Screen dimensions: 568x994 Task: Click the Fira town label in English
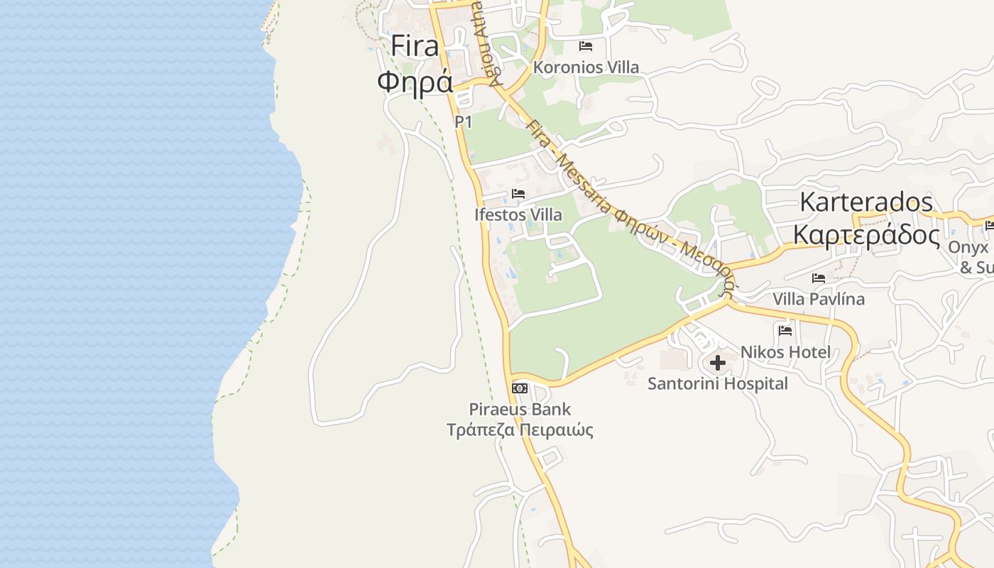click(415, 47)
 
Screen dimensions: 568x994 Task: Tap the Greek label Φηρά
click(415, 82)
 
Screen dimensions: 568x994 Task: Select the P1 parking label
click(464, 122)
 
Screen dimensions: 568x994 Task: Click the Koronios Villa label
click(586, 67)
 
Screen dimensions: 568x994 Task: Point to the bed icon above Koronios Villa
click(586, 46)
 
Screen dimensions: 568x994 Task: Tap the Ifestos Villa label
click(518, 214)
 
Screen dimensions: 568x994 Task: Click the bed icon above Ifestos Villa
click(518, 194)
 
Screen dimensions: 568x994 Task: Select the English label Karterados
click(866, 202)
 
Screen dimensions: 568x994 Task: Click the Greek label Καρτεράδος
click(866, 234)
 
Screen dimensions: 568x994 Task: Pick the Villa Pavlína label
click(819, 299)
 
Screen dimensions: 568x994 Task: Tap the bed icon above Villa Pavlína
click(819, 278)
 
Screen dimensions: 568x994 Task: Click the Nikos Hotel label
click(785, 352)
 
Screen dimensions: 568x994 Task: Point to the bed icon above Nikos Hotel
click(785, 330)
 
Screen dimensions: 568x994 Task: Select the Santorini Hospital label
click(718, 384)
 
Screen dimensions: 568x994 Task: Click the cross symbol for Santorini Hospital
click(718, 364)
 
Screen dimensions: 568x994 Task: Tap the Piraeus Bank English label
click(520, 410)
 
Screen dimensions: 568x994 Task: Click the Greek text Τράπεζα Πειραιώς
click(520, 430)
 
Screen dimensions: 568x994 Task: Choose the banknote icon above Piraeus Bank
click(520, 388)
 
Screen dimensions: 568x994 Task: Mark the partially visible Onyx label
click(968, 248)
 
